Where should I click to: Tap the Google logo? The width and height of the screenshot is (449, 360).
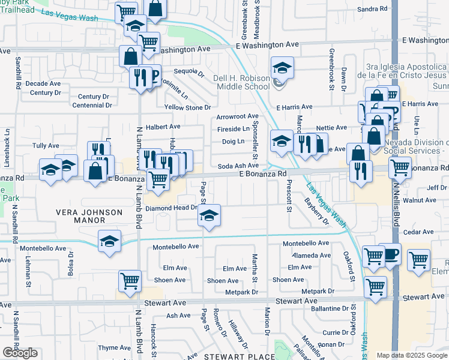(20, 353)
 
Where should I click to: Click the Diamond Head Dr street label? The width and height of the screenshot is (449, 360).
(172, 208)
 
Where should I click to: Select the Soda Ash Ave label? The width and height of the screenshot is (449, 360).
(238, 166)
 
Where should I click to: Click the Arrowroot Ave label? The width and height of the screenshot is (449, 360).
(237, 116)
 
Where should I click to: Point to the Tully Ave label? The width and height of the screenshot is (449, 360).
(46, 146)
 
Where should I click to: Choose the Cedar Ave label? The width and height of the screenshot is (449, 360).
(418, 232)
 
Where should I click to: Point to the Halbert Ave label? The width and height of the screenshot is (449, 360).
(167, 127)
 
